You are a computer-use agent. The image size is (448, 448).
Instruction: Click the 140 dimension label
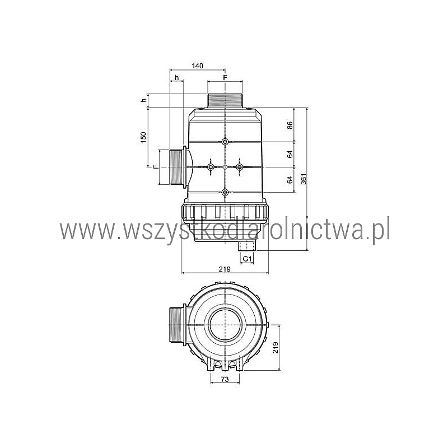[198, 66]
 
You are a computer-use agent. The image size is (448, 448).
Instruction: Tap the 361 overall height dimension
[304, 179]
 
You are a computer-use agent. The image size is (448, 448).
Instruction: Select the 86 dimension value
[290, 125]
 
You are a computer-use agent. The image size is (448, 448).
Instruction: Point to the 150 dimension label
[143, 137]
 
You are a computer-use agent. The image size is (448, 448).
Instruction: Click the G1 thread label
[247, 259]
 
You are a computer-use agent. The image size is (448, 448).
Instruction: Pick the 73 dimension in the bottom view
[225, 380]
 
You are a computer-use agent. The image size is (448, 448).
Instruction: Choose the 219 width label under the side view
[225, 269]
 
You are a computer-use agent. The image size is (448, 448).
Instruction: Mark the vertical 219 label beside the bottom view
[276, 347]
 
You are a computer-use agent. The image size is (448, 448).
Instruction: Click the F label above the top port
[225, 78]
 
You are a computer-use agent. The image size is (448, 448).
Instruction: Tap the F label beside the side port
[156, 167]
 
